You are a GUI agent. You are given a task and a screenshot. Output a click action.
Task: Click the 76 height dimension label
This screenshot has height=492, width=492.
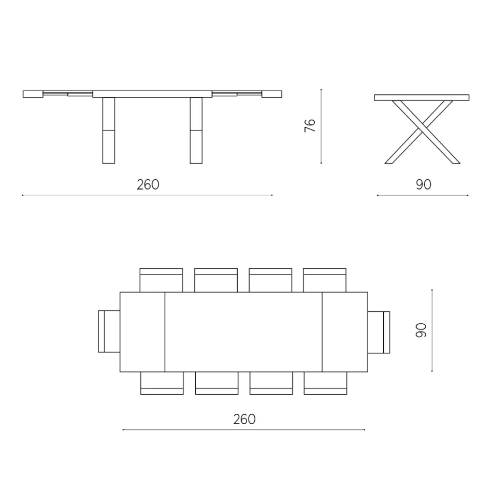pyautogui.click(x=310, y=126)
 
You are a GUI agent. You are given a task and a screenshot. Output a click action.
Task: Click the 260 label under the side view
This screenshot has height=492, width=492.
pyautogui.click(x=148, y=184)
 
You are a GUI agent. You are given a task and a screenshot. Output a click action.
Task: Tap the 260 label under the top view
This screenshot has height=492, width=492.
pyautogui.click(x=244, y=419)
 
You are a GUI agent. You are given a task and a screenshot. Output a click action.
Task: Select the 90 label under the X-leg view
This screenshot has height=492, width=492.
pyautogui.click(x=423, y=184)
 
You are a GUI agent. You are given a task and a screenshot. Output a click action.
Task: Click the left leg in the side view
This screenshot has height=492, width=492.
pyautogui.click(x=108, y=131)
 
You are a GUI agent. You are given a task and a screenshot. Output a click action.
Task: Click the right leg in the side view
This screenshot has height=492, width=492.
pyautogui.click(x=196, y=131)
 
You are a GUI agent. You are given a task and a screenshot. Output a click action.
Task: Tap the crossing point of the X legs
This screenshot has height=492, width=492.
pyautogui.click(x=421, y=126)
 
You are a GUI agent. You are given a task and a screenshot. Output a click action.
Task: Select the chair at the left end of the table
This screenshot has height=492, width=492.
pyautogui.click(x=109, y=331)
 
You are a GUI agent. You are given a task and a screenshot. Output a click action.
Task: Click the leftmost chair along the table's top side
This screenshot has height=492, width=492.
pyautogui.click(x=162, y=280)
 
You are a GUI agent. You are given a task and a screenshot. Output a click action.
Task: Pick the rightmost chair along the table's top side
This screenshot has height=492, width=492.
pyautogui.click(x=325, y=280)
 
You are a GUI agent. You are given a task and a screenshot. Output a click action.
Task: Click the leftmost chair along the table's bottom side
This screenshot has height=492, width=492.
pyautogui.click(x=162, y=383)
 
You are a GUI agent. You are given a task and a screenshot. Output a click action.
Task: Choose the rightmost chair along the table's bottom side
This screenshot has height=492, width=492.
pyautogui.click(x=325, y=383)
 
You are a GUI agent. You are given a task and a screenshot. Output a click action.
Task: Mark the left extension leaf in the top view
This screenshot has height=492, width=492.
pyautogui.click(x=142, y=332)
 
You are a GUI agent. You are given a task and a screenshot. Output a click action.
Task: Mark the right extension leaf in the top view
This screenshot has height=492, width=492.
pyautogui.click(x=345, y=332)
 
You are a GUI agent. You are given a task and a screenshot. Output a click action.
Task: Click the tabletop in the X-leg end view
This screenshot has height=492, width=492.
pyautogui.click(x=421, y=97)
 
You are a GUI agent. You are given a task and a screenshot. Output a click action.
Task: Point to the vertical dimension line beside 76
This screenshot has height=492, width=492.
pyautogui.click(x=321, y=126)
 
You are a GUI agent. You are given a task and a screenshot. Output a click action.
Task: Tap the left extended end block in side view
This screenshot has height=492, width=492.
pyautogui.click(x=33, y=94)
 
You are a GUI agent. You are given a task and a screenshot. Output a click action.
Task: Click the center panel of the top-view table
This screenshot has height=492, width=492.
pyautogui.click(x=243, y=332)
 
